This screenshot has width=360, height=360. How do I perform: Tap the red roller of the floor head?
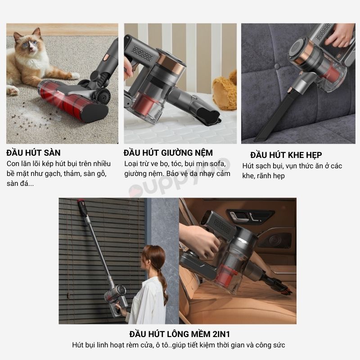pos(62,98)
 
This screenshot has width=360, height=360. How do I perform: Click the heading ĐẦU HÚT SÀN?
pos(33,153)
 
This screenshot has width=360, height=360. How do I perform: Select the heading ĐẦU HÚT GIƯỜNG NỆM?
pos(168,153)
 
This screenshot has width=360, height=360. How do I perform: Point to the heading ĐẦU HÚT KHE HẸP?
pos(286,155)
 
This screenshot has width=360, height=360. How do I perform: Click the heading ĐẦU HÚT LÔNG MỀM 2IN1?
pos(180,334)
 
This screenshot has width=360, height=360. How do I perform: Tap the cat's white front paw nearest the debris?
pos(13,90)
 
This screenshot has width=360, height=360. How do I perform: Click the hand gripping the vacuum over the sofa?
pos(339,35)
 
